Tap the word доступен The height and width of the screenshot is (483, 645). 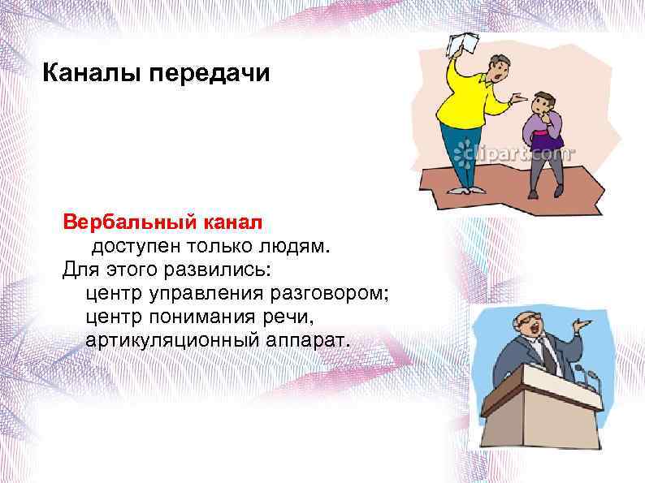[133, 245]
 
